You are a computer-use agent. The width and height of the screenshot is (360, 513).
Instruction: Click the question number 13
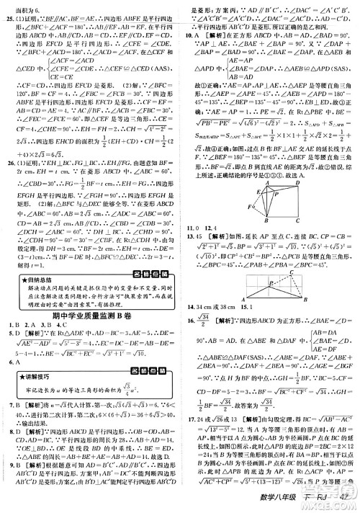coord(190,256)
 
